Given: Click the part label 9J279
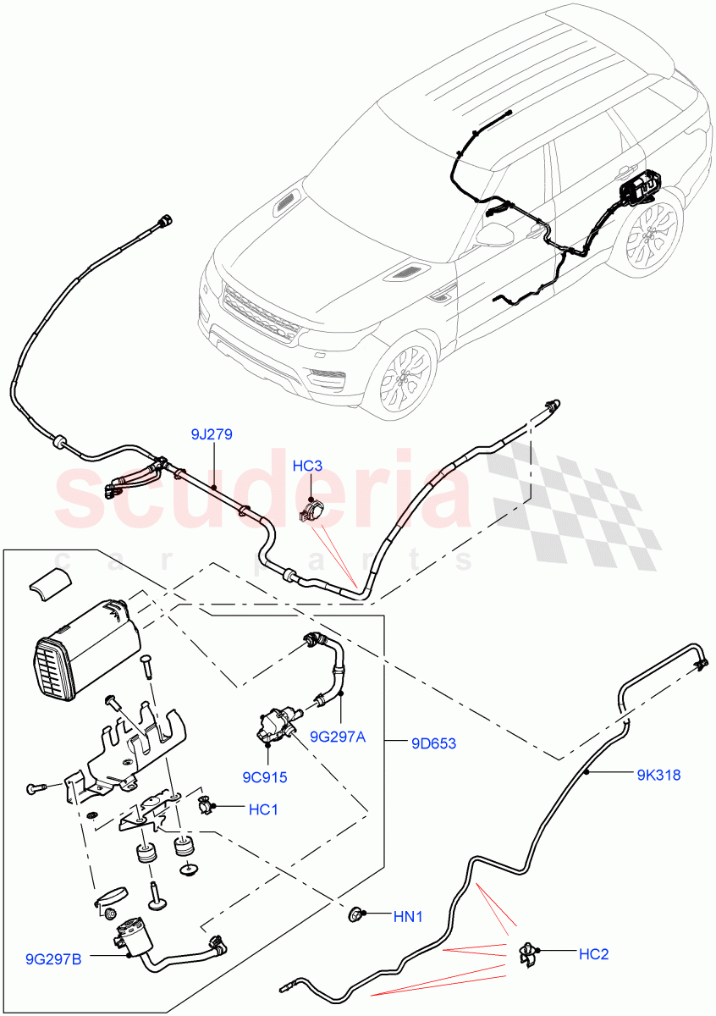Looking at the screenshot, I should pos(212,435).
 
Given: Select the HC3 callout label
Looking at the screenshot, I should pos(307,467).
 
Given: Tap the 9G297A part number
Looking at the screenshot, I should pos(337,737).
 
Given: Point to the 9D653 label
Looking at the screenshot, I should pos(433,744).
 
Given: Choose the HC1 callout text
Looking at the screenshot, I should pos(263,810).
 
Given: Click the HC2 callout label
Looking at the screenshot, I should pos(593,954).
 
